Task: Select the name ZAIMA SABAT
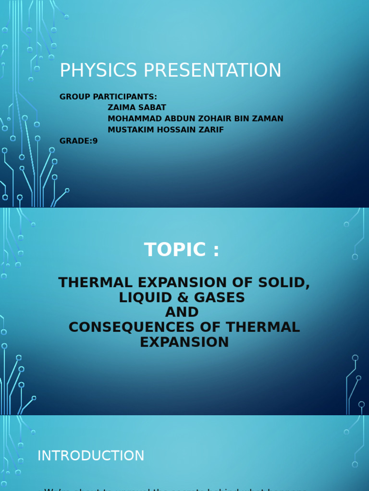pos(137,107)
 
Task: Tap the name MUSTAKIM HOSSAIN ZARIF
pos(166,129)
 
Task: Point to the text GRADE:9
pos(78,141)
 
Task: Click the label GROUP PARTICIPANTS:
pos(108,97)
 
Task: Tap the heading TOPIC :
pos(182,250)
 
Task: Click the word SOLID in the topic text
pos(284,283)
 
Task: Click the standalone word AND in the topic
pos(182,313)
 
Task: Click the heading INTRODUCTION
pos(91,456)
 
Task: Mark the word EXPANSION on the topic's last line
pos(184,342)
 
